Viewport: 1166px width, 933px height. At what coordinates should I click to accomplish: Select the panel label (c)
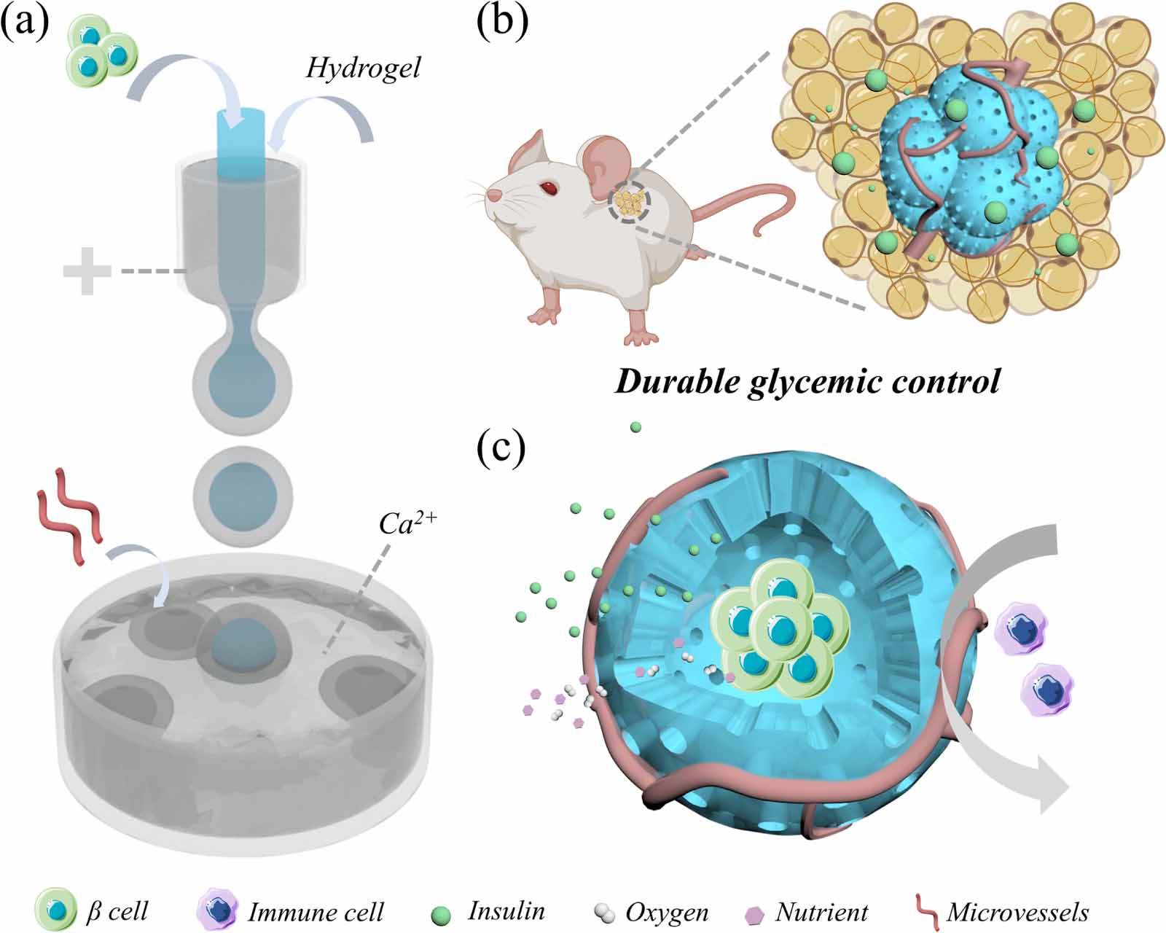(x=501, y=450)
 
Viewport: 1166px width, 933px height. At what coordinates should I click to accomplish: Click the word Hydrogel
(x=363, y=69)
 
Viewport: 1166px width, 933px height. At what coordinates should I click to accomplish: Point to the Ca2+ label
(x=407, y=523)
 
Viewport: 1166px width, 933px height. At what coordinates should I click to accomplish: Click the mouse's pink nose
(x=493, y=195)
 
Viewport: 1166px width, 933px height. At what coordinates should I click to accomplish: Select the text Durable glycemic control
(x=807, y=382)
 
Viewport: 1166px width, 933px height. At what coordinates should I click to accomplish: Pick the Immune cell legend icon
(x=218, y=910)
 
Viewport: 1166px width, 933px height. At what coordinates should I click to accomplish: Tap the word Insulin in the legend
(x=506, y=910)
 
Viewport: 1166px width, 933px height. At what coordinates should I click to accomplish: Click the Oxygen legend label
(x=666, y=912)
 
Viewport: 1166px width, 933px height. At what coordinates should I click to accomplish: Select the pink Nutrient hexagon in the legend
(x=756, y=913)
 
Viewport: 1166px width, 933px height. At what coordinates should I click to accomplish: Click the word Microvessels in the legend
(x=1017, y=912)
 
